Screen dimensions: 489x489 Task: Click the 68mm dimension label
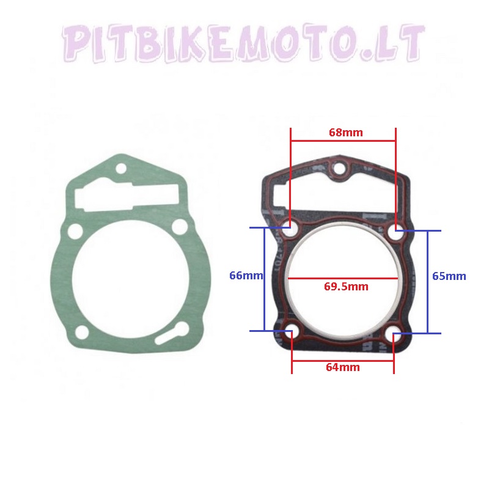(x=345, y=133)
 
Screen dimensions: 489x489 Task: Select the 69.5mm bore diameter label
(x=346, y=286)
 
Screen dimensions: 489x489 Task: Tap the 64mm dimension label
(x=343, y=367)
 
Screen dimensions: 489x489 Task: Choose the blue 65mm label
(x=449, y=276)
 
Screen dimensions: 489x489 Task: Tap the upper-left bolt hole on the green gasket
(x=75, y=231)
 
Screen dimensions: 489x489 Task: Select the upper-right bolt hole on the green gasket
(x=179, y=226)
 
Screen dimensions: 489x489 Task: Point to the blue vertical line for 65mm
(x=427, y=282)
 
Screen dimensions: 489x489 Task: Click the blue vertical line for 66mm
(x=264, y=279)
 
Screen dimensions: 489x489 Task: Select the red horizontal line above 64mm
(x=343, y=359)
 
